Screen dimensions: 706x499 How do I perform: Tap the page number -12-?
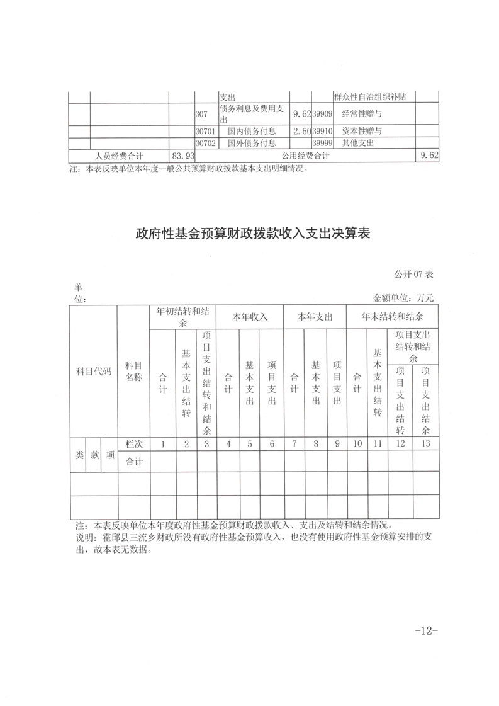point(426,631)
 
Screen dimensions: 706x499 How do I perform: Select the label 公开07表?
point(414,274)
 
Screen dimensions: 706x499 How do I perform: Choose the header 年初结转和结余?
point(182,317)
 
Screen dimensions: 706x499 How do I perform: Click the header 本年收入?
point(250,317)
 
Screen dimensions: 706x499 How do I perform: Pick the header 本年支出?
point(315,317)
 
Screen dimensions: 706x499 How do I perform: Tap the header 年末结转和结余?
point(392,317)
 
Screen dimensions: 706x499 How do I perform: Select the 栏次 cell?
point(133,444)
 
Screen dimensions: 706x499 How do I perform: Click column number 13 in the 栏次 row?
point(425,444)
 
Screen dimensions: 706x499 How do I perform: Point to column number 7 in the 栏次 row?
point(294,444)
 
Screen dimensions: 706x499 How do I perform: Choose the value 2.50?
point(301,131)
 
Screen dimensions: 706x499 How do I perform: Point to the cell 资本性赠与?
point(362,131)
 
